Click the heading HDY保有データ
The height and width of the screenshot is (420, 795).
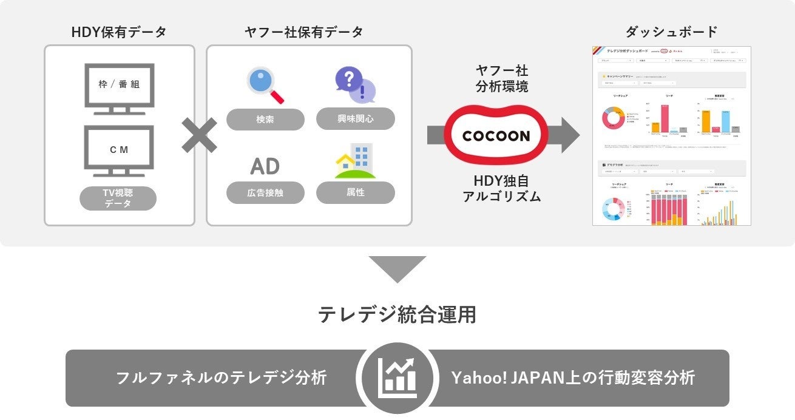(x=119, y=32)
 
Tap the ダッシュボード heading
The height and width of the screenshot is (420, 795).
(x=671, y=32)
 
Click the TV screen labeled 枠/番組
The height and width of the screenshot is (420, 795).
(x=119, y=86)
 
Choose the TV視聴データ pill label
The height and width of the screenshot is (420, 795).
(x=118, y=198)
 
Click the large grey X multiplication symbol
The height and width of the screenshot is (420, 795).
(x=200, y=135)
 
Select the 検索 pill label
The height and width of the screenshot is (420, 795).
(x=265, y=119)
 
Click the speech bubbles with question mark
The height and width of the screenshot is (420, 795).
(x=355, y=84)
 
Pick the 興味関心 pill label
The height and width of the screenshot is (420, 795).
(x=355, y=118)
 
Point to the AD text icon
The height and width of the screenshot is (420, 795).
(x=265, y=166)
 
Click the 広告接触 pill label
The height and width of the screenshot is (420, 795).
(x=265, y=193)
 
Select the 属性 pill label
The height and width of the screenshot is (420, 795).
(x=355, y=192)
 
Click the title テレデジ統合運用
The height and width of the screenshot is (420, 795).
(x=397, y=314)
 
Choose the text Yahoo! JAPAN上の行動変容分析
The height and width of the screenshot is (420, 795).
(x=573, y=378)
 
